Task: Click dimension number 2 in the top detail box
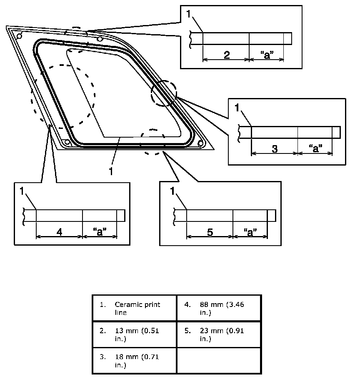pyautogui.click(x=227, y=55)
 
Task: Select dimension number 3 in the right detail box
pyautogui.click(x=275, y=149)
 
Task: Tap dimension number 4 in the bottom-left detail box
pyautogui.click(x=59, y=232)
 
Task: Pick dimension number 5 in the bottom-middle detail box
pyautogui.click(x=210, y=232)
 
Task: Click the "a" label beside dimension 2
pyautogui.click(x=267, y=55)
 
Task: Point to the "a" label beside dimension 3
pyautogui.click(x=315, y=148)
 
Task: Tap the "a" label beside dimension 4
pyautogui.click(x=100, y=232)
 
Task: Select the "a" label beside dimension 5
pyautogui.click(x=250, y=232)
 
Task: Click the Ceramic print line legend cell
pyautogui.click(x=135, y=308)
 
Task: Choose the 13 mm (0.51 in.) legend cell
pyautogui.click(x=135, y=334)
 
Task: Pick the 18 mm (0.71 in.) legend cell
pyautogui.click(x=135, y=361)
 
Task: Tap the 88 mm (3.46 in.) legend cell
pyautogui.click(x=219, y=308)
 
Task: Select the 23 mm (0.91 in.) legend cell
pyautogui.click(x=219, y=334)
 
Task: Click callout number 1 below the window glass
pyautogui.click(x=111, y=171)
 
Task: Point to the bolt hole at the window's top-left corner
pyautogui.click(x=19, y=36)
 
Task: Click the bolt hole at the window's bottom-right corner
pyautogui.click(x=200, y=143)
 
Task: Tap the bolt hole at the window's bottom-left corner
pyautogui.click(x=67, y=142)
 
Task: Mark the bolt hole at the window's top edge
pyautogui.click(x=99, y=39)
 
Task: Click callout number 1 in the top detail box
pyautogui.click(x=188, y=14)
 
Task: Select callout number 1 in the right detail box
pyautogui.click(x=237, y=108)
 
